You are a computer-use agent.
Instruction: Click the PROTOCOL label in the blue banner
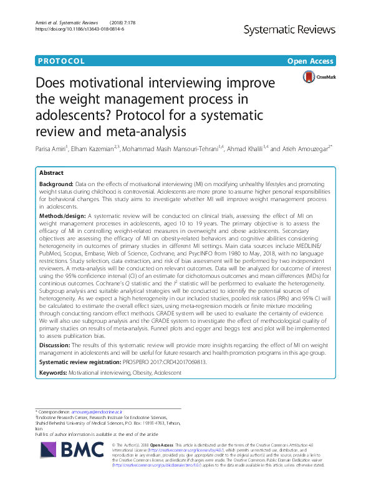click(60, 61)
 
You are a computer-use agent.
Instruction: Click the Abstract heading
click(51, 173)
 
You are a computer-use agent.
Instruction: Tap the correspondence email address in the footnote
click(97, 413)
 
